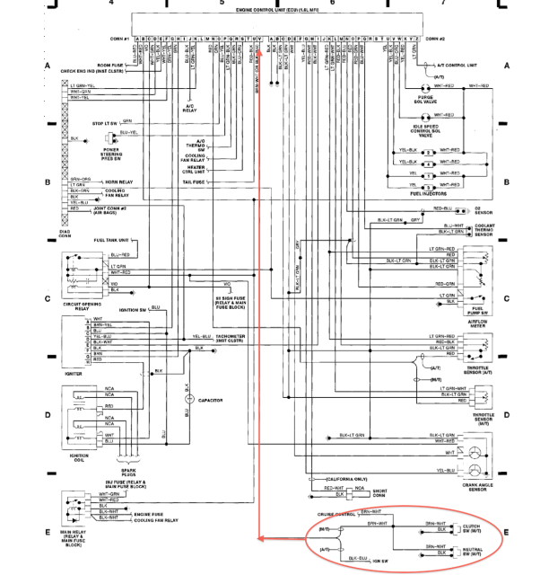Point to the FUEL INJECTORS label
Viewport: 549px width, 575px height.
tap(428, 192)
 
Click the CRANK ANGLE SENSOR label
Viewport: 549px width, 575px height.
tap(476, 486)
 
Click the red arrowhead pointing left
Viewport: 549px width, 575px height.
tap(260, 539)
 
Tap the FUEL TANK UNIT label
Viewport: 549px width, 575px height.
tap(110, 240)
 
